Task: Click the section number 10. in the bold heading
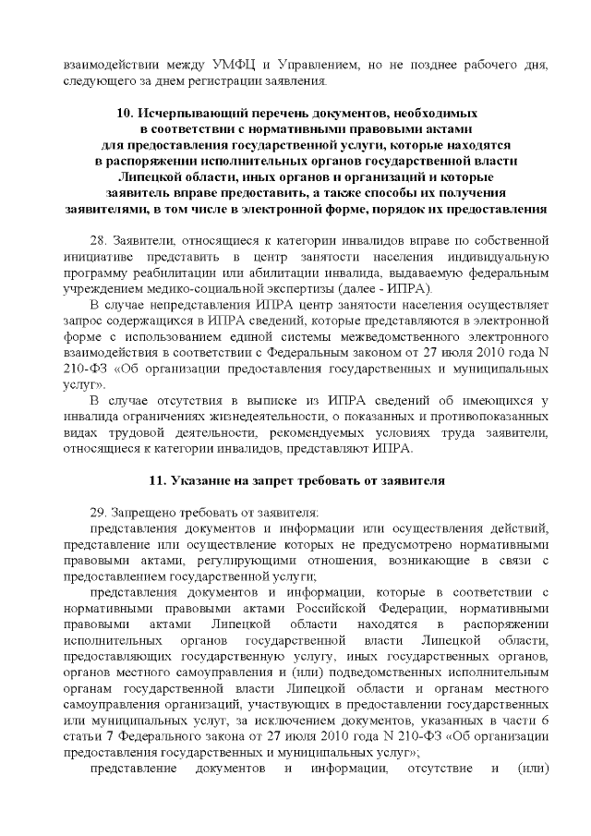coord(127,114)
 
